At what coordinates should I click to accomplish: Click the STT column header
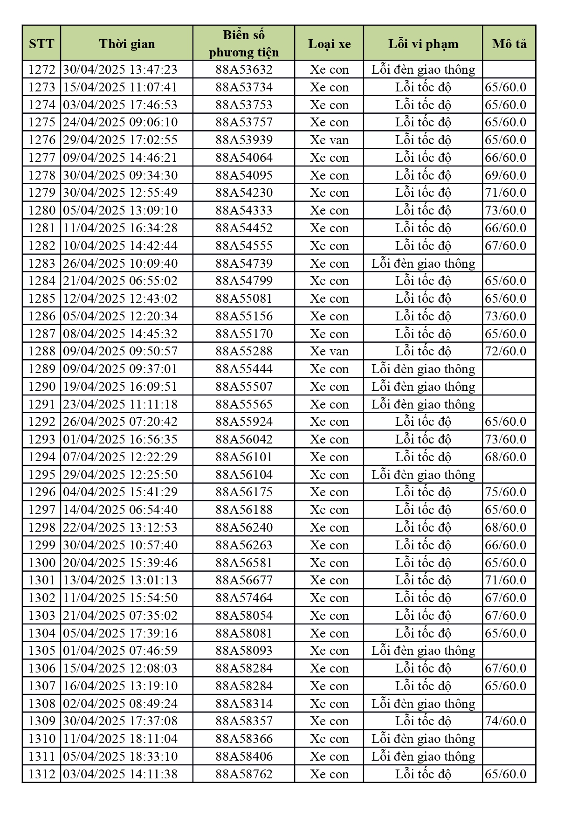tap(41, 43)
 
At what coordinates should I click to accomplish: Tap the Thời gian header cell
tap(127, 43)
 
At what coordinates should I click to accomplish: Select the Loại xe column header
tap(329, 43)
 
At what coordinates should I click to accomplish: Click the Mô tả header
tap(509, 43)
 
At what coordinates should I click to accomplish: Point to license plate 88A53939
tap(244, 140)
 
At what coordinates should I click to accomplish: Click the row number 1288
tap(41, 351)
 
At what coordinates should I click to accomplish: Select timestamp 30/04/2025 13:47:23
tap(120, 69)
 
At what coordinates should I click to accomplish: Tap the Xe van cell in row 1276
tap(329, 140)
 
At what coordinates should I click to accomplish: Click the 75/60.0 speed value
tap(506, 492)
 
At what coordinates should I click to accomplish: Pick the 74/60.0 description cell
tap(506, 721)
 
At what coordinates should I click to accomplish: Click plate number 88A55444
tap(244, 369)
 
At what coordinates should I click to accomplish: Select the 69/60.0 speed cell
tap(506, 175)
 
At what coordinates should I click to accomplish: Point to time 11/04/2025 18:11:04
tap(120, 739)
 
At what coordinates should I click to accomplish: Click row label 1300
tap(41, 562)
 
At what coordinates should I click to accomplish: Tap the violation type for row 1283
tap(423, 263)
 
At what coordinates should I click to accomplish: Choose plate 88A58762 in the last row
tap(244, 774)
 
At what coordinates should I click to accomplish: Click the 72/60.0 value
tap(506, 351)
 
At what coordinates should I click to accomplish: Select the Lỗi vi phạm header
tap(423, 43)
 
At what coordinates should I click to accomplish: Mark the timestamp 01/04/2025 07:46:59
tap(120, 651)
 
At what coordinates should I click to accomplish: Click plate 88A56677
tap(244, 580)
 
